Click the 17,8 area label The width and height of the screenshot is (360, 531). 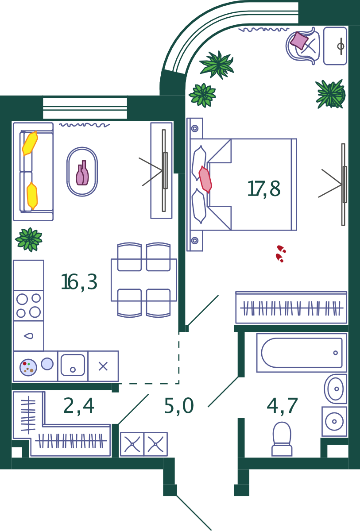click(x=264, y=189)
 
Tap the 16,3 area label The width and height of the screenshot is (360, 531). click(x=79, y=282)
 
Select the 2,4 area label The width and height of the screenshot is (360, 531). click(x=79, y=406)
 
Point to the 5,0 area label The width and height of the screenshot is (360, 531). click(x=179, y=406)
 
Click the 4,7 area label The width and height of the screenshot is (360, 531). click(x=282, y=406)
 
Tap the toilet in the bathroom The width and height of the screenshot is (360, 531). click(x=282, y=439)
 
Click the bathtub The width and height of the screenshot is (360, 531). click(x=302, y=353)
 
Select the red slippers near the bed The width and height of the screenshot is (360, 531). click(x=281, y=254)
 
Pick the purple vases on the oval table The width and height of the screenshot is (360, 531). click(x=82, y=173)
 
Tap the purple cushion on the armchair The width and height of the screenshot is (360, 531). click(x=299, y=41)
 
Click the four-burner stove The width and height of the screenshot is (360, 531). click(x=28, y=306)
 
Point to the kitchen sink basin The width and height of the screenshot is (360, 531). click(x=73, y=365)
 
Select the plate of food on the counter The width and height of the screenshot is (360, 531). click(x=28, y=367)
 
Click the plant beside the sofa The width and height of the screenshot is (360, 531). click(x=29, y=239)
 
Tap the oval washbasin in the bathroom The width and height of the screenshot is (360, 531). click(x=335, y=389)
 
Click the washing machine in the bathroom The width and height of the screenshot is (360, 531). click(x=334, y=421)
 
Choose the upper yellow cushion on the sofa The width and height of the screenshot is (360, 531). click(x=30, y=143)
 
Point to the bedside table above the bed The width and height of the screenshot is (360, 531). click(x=195, y=128)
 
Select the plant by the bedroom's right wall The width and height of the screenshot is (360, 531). click(x=331, y=94)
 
